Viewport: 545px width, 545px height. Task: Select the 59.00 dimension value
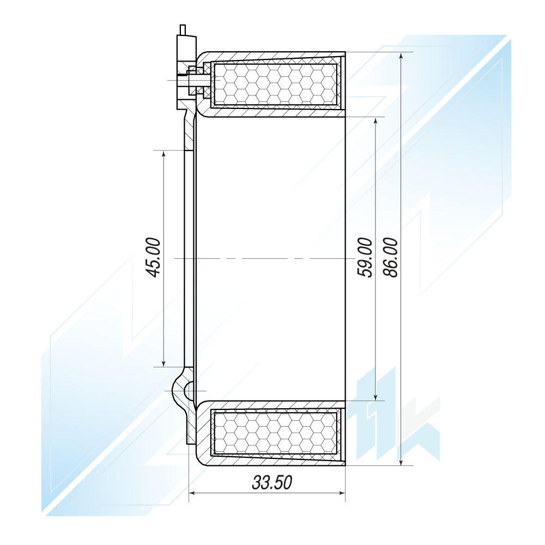(x=365, y=258)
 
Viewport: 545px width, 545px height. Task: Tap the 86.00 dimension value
(x=391, y=258)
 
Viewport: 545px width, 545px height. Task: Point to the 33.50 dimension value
(x=272, y=482)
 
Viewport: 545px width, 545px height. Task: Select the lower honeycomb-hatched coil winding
(x=276, y=433)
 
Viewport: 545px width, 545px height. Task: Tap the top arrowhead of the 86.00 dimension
(x=401, y=57)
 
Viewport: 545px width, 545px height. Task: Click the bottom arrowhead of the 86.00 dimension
(x=401, y=461)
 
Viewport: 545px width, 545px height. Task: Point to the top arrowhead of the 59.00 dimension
(x=376, y=122)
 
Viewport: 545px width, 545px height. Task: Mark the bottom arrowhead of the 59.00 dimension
(x=376, y=396)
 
